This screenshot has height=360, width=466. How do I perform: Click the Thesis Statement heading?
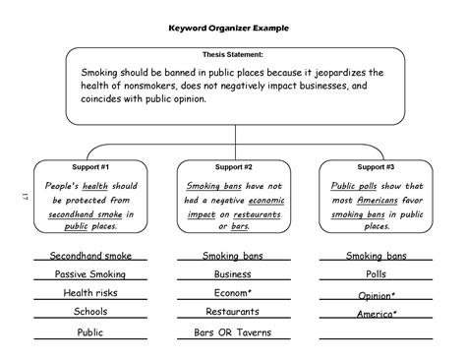pos(232,55)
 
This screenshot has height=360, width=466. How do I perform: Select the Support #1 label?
pos(89,167)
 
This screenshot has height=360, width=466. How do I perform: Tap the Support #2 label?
pos(233,167)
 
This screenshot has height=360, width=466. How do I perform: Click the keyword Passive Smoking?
pos(89,274)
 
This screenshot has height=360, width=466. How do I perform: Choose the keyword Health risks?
pos(89,293)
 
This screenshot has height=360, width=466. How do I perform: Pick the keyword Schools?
pos(89,312)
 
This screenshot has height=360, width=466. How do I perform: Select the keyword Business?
pos(233,274)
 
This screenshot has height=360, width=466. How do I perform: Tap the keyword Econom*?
pos(233,293)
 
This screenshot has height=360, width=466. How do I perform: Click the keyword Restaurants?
pos(233,312)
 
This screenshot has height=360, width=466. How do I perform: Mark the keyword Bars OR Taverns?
pos(233,332)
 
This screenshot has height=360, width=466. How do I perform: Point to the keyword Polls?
pos(376,274)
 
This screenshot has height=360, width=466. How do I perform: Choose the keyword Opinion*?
pos(376,294)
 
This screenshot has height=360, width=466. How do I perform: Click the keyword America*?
pos(376,314)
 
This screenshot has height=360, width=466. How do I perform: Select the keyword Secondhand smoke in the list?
pos(89,256)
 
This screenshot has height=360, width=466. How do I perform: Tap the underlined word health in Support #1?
pos(95,186)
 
